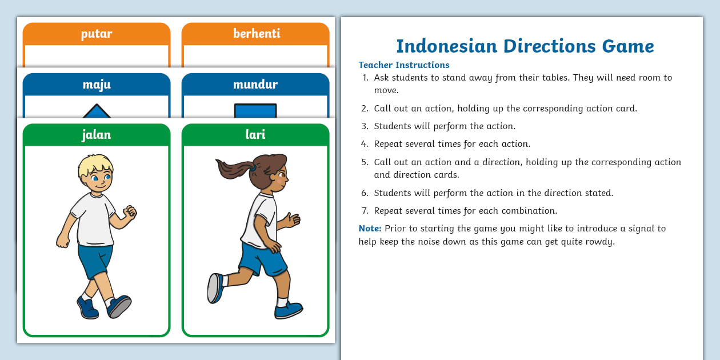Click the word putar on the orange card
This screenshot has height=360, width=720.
(97, 34)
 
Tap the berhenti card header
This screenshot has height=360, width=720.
(256, 34)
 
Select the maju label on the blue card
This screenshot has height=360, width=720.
(97, 85)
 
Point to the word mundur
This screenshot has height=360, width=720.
(255, 85)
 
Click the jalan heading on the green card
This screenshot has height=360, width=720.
(97, 135)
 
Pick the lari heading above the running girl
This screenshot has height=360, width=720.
(255, 135)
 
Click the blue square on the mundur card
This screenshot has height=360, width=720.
(255, 111)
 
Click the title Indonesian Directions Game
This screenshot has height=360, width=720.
(525, 46)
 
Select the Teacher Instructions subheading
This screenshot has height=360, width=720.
(404, 65)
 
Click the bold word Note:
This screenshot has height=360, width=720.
(370, 229)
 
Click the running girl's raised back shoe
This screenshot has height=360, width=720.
(215, 288)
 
